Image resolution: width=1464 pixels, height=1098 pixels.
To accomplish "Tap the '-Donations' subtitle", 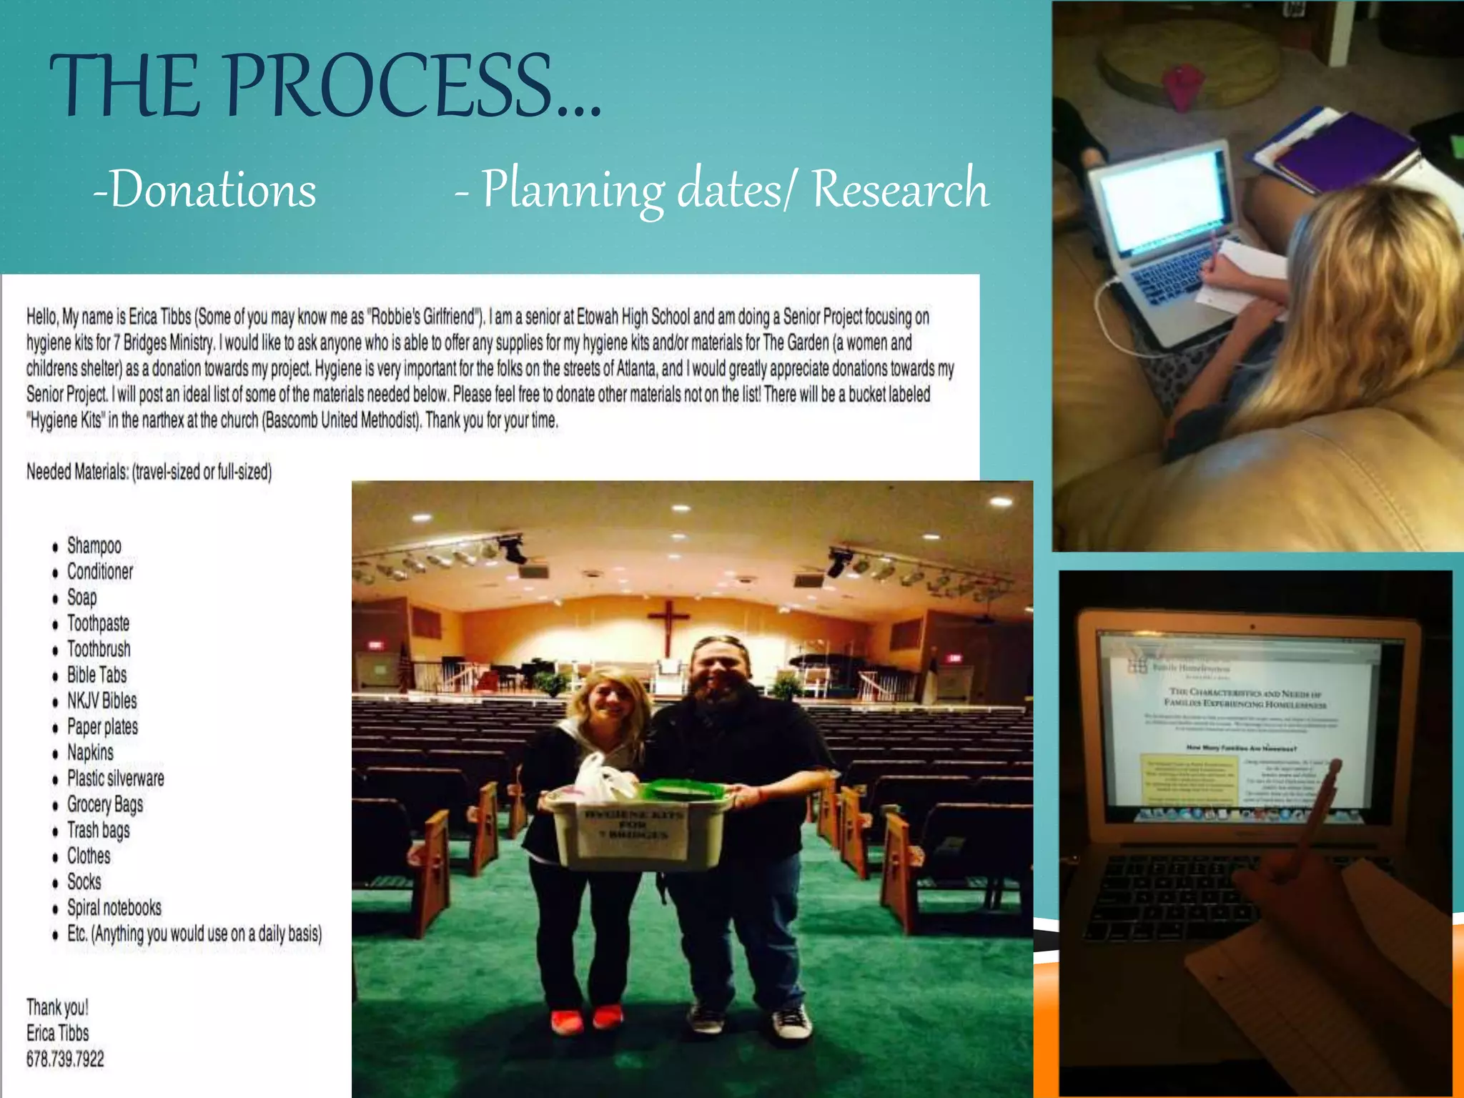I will [x=204, y=190].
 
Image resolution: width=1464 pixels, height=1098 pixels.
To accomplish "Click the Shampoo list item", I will [x=94, y=546].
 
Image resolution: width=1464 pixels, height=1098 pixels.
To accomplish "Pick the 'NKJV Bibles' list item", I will [x=102, y=701].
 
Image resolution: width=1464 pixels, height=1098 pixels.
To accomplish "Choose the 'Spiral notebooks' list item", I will [x=114, y=908].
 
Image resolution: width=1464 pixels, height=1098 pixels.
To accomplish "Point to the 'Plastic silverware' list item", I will [x=115, y=778].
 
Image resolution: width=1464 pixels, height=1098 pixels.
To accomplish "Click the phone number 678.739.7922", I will [x=65, y=1059].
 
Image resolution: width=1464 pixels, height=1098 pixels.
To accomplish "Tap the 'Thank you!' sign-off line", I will [x=57, y=1007].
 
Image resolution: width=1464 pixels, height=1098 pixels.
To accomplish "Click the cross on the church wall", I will [x=668, y=622].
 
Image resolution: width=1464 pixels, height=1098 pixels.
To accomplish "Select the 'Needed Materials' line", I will [x=149, y=472].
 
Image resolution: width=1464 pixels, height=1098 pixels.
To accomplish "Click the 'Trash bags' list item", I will [x=98, y=831].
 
